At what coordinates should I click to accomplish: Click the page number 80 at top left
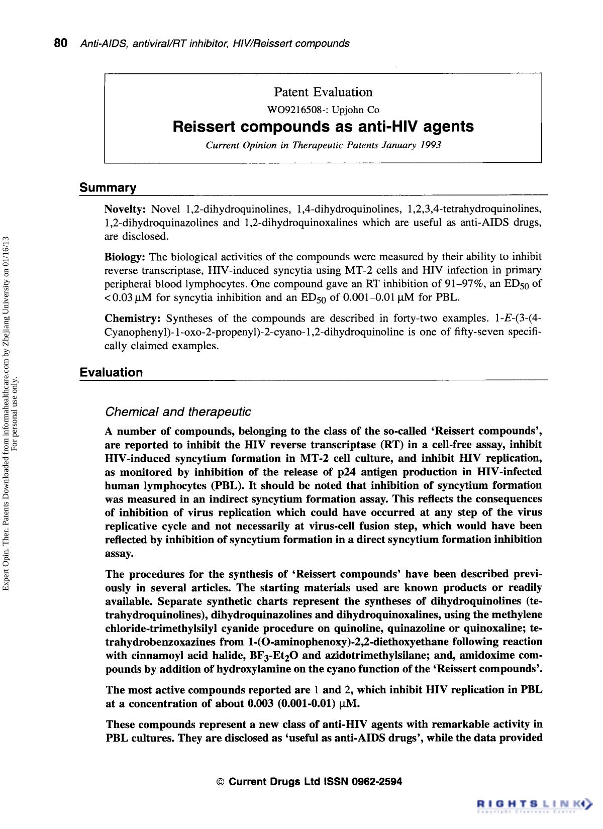60,43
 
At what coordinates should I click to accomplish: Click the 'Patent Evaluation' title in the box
323,92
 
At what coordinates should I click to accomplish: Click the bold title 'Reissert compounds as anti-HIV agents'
323,127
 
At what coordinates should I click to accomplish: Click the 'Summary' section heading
108,188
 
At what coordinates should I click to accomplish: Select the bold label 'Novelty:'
125,209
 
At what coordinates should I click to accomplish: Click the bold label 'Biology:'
125,257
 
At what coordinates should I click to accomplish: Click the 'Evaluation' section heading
111,372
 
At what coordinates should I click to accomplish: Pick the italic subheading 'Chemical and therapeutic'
178,412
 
